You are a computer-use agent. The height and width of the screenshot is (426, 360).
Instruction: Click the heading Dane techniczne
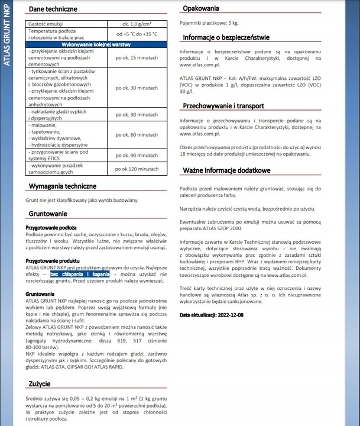pyautogui.click(x=54, y=9)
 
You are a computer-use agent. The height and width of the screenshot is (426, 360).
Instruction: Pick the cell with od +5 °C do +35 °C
pyautogui.click(x=137, y=34)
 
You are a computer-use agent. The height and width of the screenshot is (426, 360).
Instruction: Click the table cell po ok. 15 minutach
pyautogui.click(x=137, y=58)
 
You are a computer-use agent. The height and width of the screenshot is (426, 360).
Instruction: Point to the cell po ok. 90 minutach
pyautogui.click(x=137, y=155)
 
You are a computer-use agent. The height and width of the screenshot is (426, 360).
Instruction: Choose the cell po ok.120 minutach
pyautogui.click(x=137, y=169)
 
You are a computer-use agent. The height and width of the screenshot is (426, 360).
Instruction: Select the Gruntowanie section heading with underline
pyautogui.click(x=48, y=214)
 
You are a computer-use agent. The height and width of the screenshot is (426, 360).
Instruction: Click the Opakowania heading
pyautogui.click(x=201, y=8)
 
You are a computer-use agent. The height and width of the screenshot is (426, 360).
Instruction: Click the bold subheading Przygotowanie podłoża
pyautogui.click(x=51, y=227)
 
